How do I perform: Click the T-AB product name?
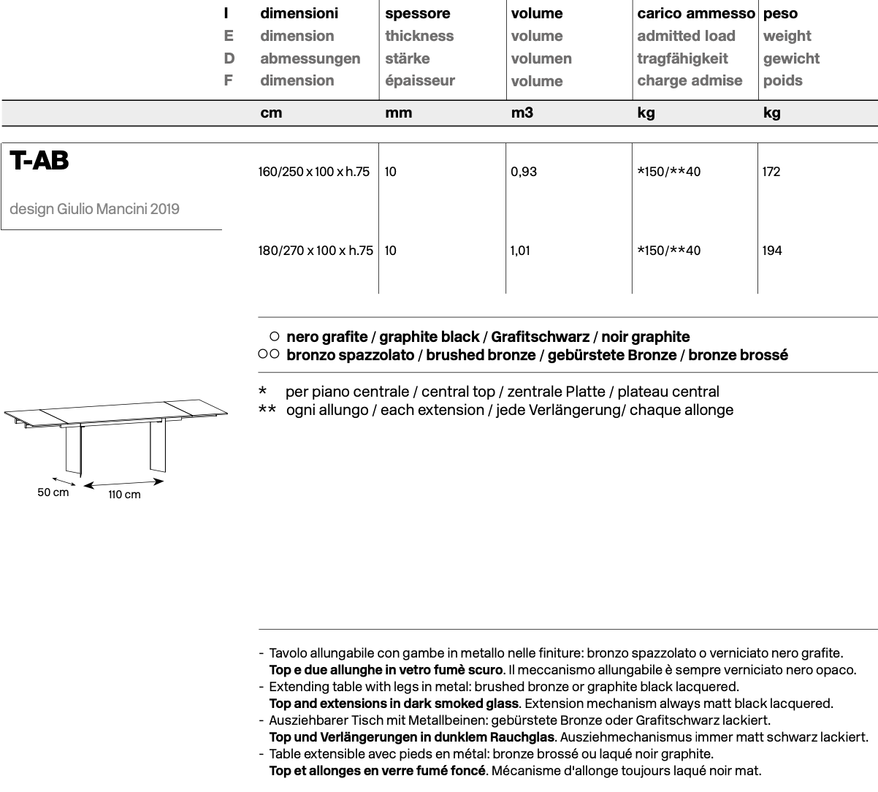coord(39,161)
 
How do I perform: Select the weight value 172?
coord(771,172)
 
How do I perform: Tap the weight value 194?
coord(771,251)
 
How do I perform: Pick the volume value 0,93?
coord(524,172)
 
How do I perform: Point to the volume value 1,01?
coord(520,251)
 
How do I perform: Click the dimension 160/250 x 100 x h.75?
coord(314,172)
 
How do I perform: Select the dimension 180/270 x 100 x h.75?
coord(316,251)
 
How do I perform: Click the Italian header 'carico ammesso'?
coord(695,13)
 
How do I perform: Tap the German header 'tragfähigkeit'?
coord(682,58)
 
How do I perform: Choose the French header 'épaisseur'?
coord(420,80)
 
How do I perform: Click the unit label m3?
coord(522,113)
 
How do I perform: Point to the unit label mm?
coord(399,113)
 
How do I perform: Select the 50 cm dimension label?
coord(53,492)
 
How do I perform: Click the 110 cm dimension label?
coord(124,495)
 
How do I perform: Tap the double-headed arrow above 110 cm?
coord(123,482)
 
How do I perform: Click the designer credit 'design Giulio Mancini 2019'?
coord(94,209)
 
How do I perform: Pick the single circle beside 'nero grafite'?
coord(274,337)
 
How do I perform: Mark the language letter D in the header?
coord(229,58)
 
